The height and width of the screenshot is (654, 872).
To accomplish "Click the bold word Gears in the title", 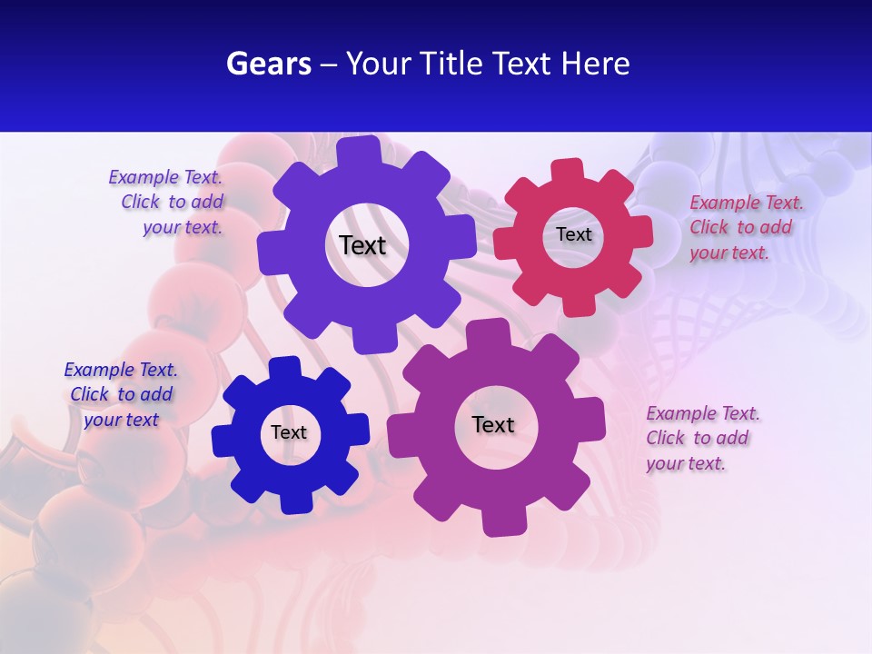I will (x=268, y=64).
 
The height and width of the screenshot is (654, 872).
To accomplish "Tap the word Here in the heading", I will (x=596, y=64).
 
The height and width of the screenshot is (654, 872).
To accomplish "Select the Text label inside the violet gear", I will (x=362, y=245).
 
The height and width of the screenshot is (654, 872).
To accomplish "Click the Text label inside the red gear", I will (x=574, y=234).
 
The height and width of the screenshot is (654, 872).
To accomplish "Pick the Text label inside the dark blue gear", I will (x=289, y=433).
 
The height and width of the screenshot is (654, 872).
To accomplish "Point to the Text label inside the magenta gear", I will (x=493, y=425).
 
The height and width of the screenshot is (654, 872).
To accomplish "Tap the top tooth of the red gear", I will (x=568, y=170).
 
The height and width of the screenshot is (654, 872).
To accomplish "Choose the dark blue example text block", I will (x=121, y=395).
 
